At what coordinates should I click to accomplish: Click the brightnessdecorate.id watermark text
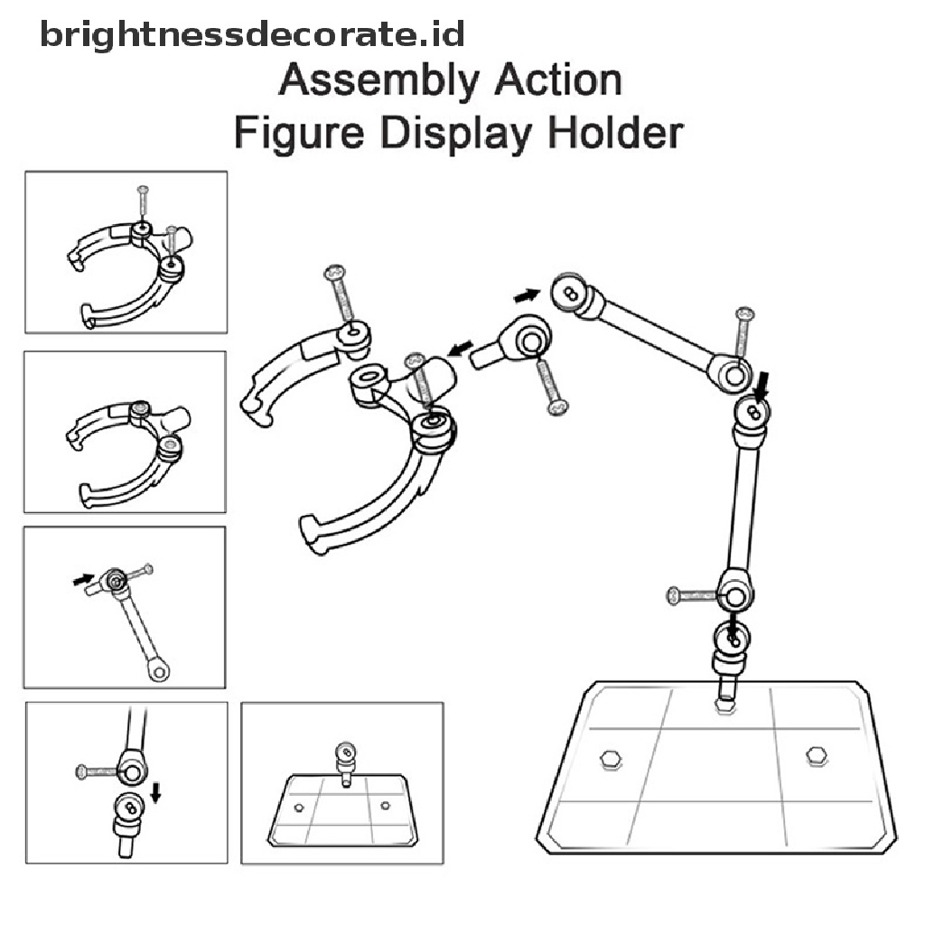pyautogui.click(x=252, y=35)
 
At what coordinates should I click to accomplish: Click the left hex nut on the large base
pyautogui.click(x=610, y=760)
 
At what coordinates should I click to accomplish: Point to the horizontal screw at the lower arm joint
pyautogui.click(x=691, y=594)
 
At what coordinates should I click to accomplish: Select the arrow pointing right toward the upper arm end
pyautogui.click(x=526, y=294)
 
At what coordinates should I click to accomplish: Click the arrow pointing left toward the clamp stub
pyautogui.click(x=461, y=348)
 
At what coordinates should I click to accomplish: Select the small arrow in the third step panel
pyautogui.click(x=82, y=578)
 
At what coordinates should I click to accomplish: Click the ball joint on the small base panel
pyautogui.click(x=344, y=752)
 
